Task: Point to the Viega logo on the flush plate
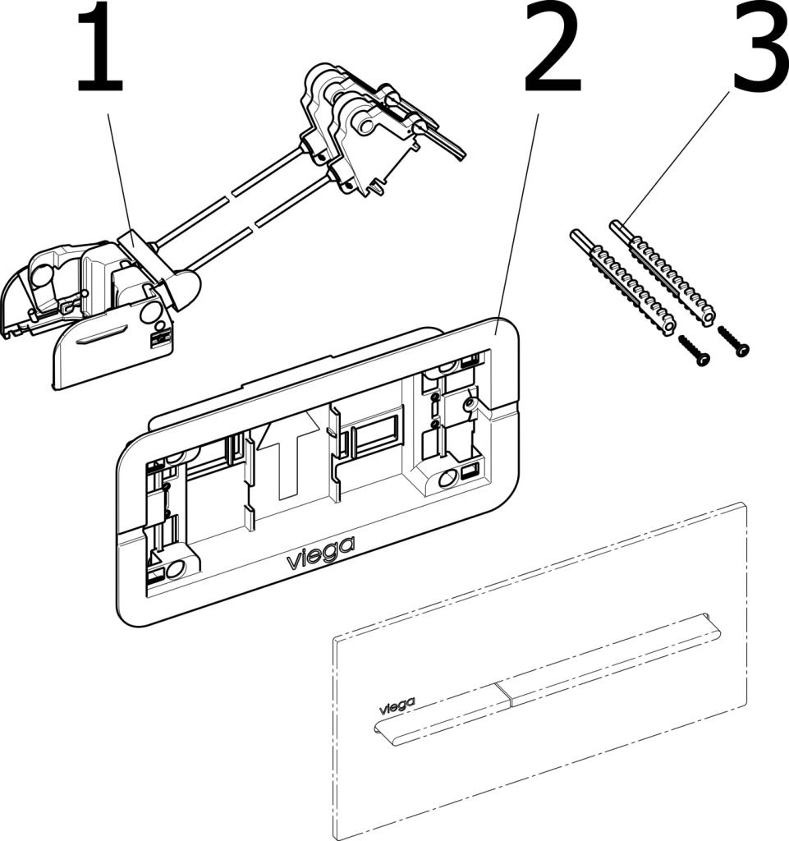click(x=397, y=703)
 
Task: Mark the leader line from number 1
click(x=119, y=172)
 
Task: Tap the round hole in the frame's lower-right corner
click(x=447, y=478)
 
